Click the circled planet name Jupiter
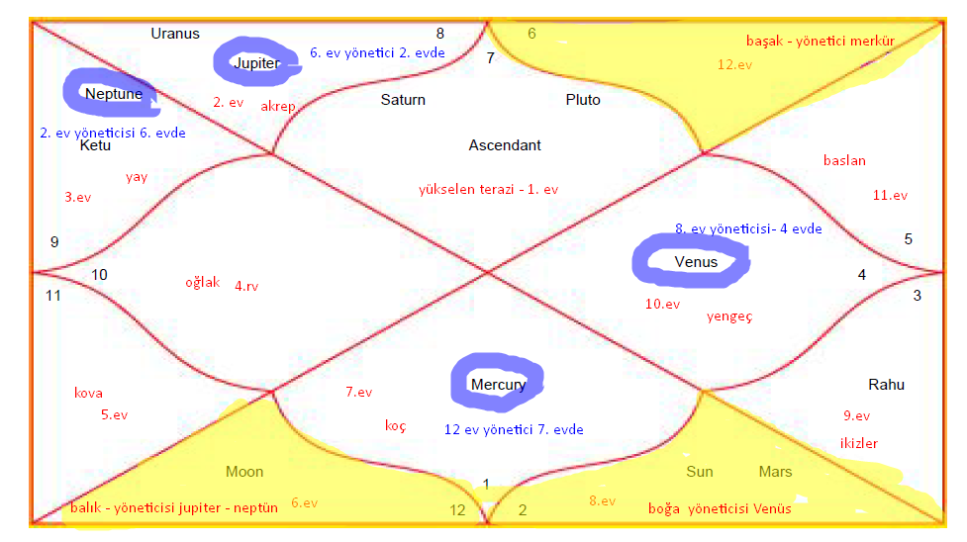click(x=255, y=62)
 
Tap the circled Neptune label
click(x=113, y=94)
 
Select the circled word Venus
click(x=696, y=261)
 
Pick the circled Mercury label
click(x=498, y=384)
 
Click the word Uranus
click(x=175, y=34)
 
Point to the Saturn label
click(x=403, y=100)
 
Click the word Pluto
click(x=583, y=100)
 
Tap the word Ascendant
click(x=505, y=145)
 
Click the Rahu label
click(x=886, y=385)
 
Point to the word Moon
click(x=244, y=472)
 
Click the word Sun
click(x=700, y=472)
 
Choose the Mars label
click(x=775, y=472)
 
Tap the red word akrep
click(x=278, y=107)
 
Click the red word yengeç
click(x=729, y=316)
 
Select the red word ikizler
click(x=858, y=443)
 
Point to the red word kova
click(x=88, y=393)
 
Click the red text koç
click(x=395, y=426)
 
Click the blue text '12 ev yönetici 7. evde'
click(x=514, y=429)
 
